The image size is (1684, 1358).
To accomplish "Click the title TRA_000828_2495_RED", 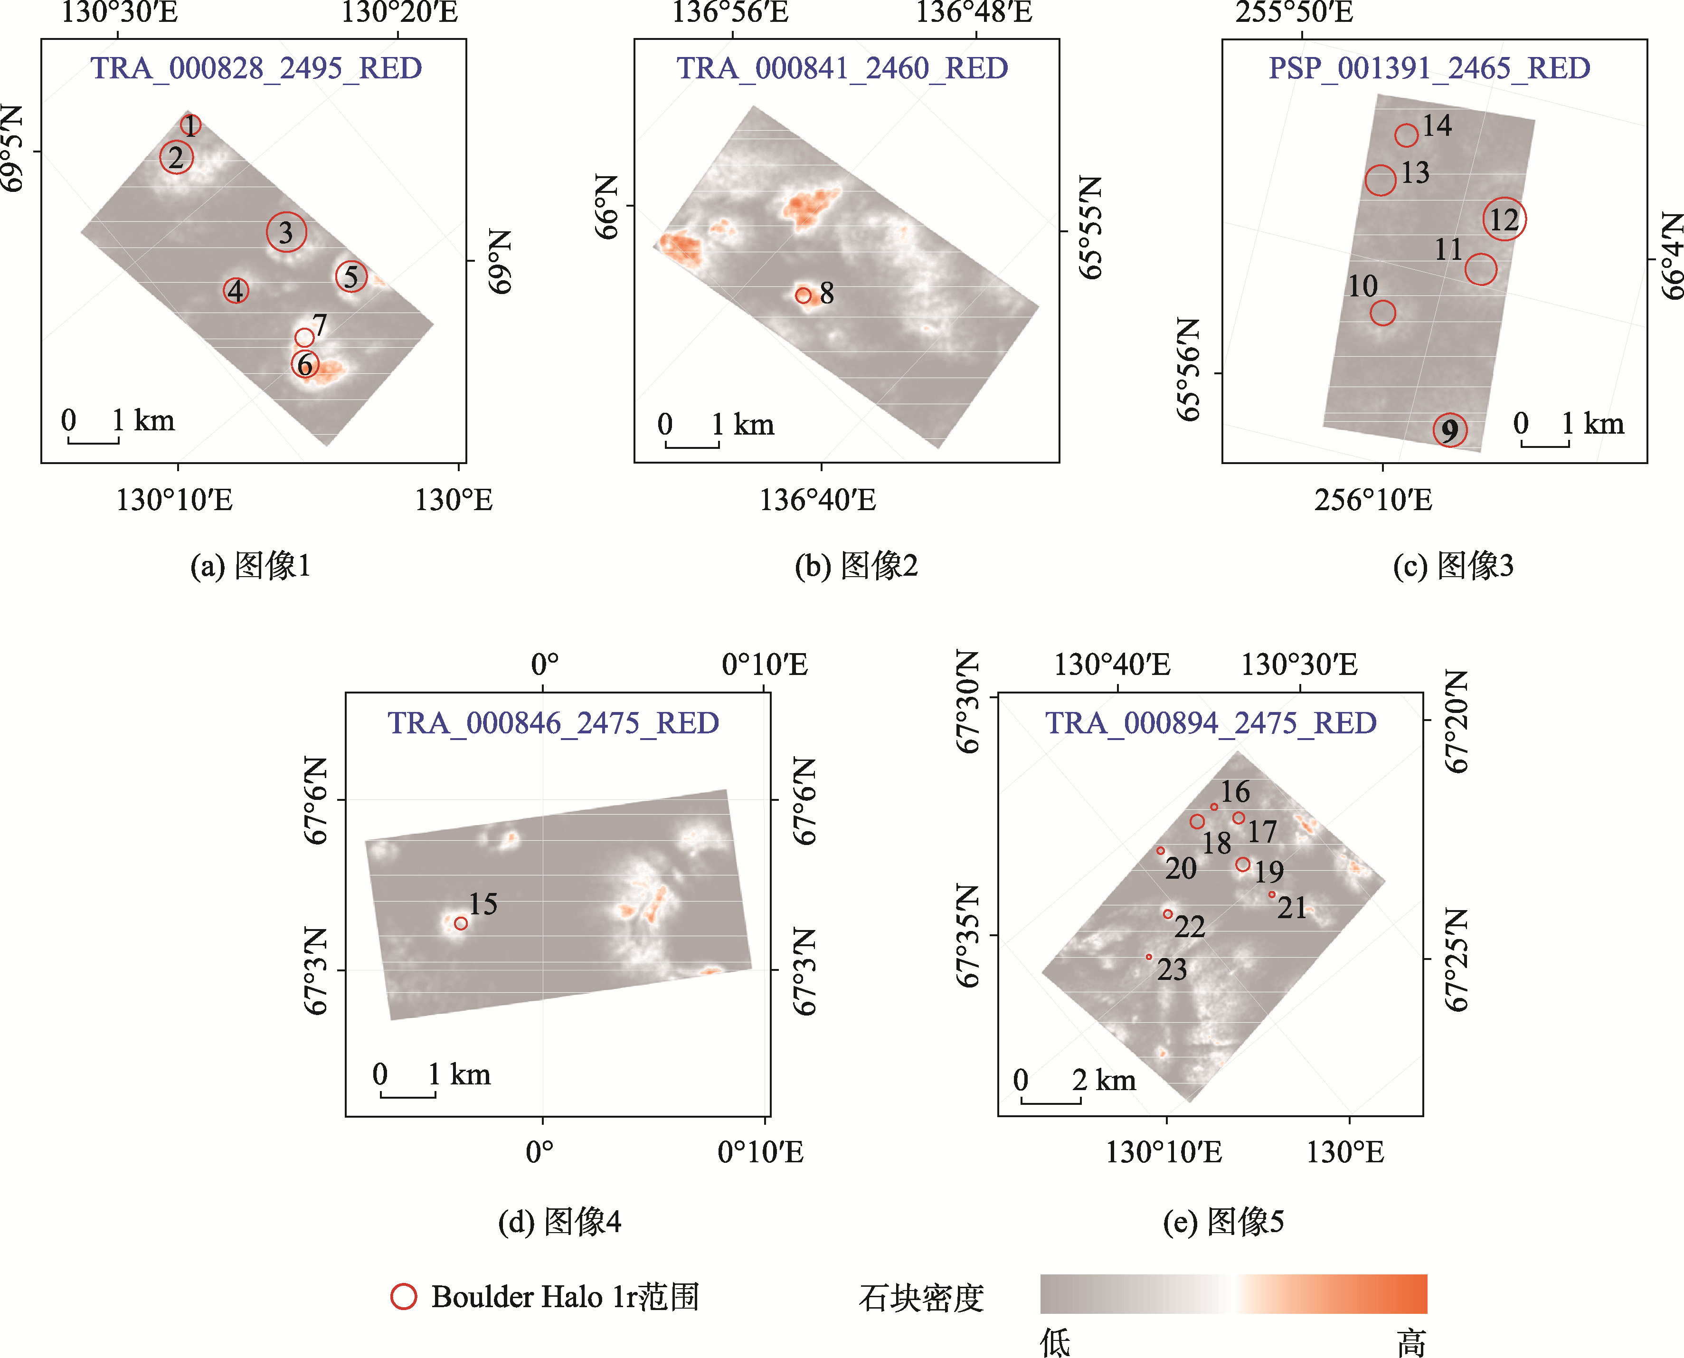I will coord(256,69).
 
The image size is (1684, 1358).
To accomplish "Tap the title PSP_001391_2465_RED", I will coord(1429,69).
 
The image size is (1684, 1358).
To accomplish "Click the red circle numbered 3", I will coord(286,231).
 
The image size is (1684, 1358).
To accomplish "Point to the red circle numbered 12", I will coord(1504,219).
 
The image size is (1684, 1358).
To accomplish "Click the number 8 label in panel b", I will coord(827,294).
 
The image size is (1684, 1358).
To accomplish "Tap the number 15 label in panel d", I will coord(483,904).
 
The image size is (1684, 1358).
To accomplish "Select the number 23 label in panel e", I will coord(1172,970).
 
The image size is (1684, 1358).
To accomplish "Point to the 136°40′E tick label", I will coord(818,500).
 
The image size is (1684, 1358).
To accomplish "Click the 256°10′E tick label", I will coord(1373,500).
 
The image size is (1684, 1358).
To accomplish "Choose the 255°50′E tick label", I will coord(1295,12).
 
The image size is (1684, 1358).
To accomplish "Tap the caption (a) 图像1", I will coord(250,566).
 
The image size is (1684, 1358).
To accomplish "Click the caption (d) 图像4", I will coord(560,1221).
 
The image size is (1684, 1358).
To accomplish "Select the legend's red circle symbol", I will coord(404,1296).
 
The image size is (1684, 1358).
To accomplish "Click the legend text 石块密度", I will coord(921,1298).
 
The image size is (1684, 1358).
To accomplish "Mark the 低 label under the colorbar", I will coord(1055,1342).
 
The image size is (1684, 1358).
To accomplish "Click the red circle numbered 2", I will coord(177,157).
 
